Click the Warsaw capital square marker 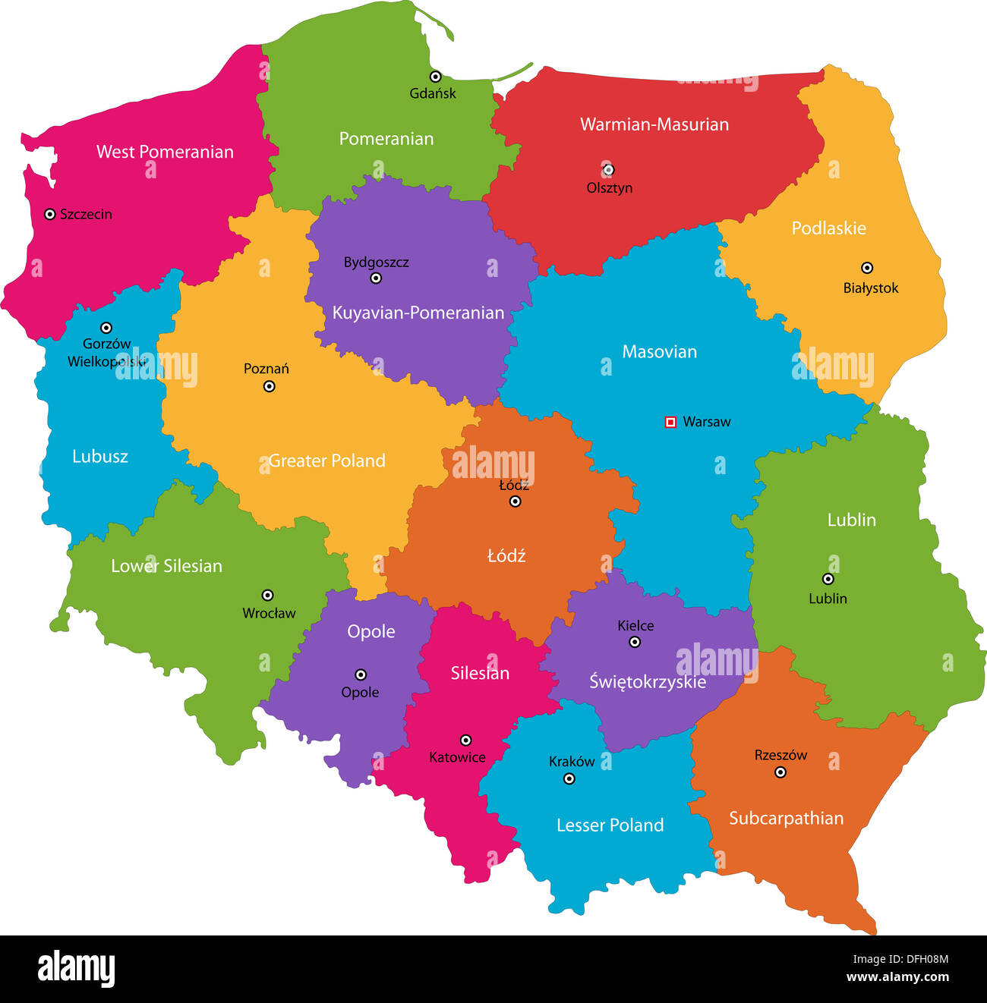pos(670,422)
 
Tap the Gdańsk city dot pos(435,77)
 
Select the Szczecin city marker pos(49,215)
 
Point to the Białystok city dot pos(866,268)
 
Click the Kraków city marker pos(569,779)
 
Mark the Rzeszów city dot pos(780,772)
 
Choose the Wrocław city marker pos(267,596)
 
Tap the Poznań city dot pos(269,386)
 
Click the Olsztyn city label pos(609,188)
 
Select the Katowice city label pos(457,757)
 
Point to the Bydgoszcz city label pos(376,263)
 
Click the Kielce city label pos(635,626)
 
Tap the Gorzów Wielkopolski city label pos(106,353)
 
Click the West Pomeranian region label pos(165,152)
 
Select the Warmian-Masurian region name pos(654,124)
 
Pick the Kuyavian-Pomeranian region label pos(418,313)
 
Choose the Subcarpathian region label pos(786,819)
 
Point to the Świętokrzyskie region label pos(648,682)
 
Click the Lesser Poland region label pos(610,825)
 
